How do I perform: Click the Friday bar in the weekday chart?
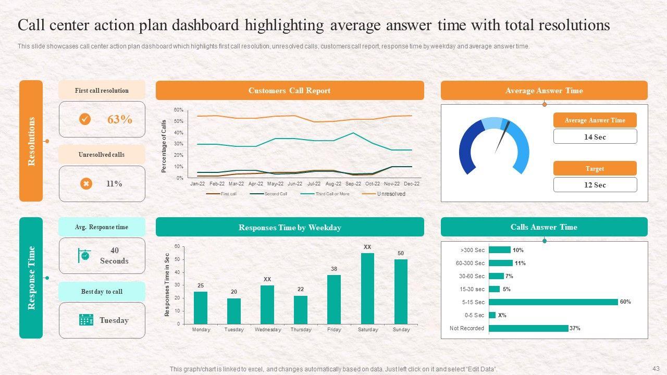click(334, 299)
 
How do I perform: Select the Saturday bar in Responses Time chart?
click(367, 289)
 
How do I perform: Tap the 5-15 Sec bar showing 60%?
click(553, 302)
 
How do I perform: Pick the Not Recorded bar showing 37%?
click(528, 328)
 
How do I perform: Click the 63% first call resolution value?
click(119, 119)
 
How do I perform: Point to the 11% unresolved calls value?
click(114, 183)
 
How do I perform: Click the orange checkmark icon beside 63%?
click(85, 119)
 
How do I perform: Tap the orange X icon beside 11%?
click(86, 183)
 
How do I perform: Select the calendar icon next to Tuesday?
click(86, 320)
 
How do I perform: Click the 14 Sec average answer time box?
click(595, 137)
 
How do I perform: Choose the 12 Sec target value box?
click(595, 185)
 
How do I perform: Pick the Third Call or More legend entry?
click(332, 194)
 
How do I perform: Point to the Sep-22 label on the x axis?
click(353, 184)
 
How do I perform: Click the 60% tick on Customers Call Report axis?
click(178, 110)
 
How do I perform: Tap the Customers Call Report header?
click(289, 91)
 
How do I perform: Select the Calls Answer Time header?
click(544, 227)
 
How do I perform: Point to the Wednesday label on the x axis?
click(267, 330)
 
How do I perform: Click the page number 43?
click(656, 368)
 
